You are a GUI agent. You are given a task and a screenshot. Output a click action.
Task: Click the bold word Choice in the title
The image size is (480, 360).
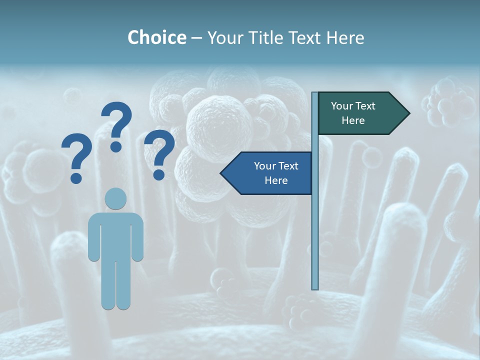156,37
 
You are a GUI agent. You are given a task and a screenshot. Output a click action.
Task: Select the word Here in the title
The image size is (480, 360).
345,37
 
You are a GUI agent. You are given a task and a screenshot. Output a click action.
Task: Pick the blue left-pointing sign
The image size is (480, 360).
270,173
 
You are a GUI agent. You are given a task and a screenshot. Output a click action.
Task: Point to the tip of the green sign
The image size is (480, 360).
409,113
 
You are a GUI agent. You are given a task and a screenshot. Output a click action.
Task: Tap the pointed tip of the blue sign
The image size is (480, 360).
221,173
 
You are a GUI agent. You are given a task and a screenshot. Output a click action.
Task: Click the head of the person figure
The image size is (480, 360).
116,198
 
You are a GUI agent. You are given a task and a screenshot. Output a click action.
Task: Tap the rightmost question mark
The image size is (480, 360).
159,152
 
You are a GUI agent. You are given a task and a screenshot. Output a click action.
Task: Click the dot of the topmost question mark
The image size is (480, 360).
116,146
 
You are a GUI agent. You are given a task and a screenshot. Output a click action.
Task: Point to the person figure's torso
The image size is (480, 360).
116,235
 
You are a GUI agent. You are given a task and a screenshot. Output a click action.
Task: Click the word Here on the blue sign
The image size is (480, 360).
276,180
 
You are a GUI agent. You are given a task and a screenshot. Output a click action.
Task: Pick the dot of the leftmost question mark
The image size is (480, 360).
76,177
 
